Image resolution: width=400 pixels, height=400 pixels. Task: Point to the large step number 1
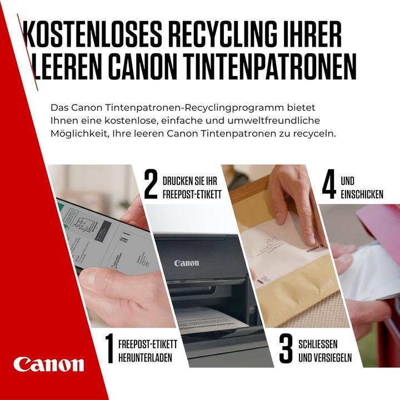108,348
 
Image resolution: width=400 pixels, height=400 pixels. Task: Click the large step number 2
151,187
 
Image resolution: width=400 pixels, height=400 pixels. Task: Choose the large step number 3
286,348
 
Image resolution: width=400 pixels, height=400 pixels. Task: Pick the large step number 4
329,187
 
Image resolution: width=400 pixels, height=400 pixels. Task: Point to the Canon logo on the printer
186,263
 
